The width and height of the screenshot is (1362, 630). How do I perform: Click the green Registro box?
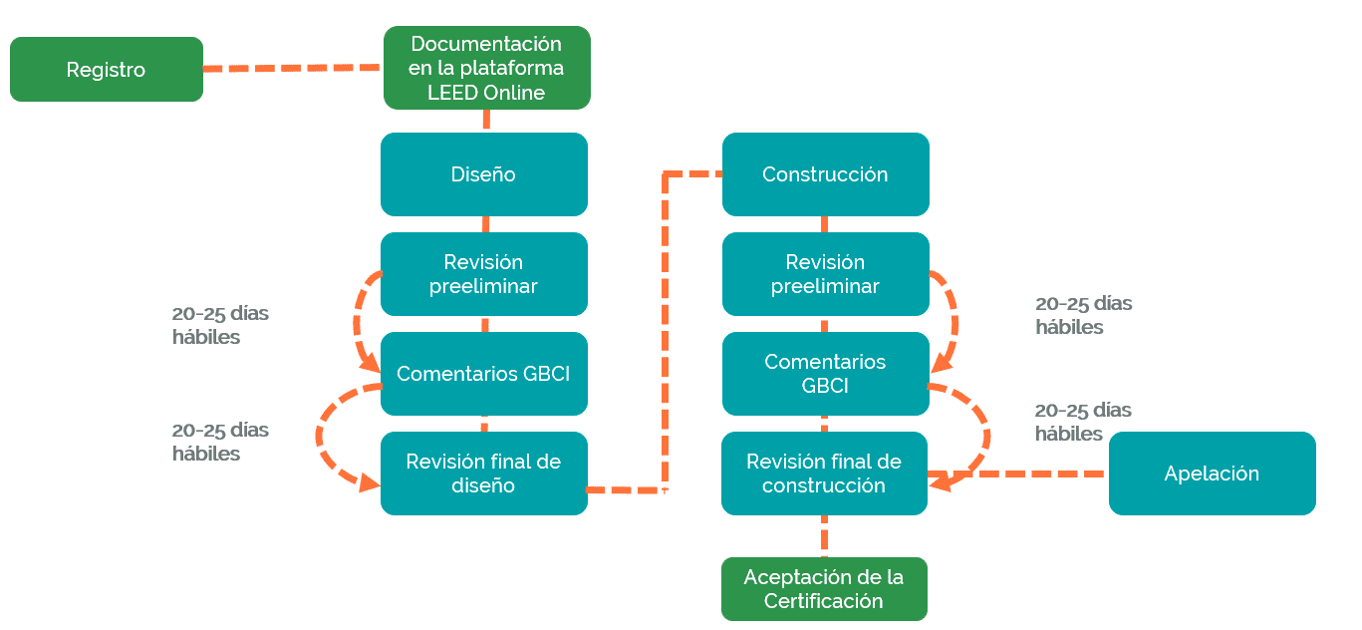pyautogui.click(x=106, y=70)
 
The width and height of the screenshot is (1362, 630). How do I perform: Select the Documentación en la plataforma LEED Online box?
pyautogui.click(x=486, y=68)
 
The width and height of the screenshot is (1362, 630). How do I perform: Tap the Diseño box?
pyautogui.click(x=483, y=174)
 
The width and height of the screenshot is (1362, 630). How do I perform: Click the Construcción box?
pyautogui.click(x=825, y=174)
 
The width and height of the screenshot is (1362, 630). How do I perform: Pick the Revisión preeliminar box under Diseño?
pyautogui.click(x=483, y=274)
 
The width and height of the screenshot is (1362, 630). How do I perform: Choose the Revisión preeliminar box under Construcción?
pyautogui.click(x=825, y=274)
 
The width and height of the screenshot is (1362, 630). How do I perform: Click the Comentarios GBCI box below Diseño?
pyautogui.click(x=483, y=374)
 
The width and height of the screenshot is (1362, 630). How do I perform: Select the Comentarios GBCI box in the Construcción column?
pyautogui.click(x=825, y=374)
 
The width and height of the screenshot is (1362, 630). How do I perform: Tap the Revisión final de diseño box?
pyautogui.click(x=483, y=473)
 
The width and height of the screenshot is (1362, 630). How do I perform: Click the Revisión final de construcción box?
pyautogui.click(x=824, y=473)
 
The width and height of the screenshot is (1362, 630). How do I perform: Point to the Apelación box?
pyautogui.click(x=1212, y=473)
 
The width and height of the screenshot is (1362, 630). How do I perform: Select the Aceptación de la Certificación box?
pyautogui.click(x=824, y=589)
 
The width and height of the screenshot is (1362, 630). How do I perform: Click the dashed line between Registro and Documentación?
pyautogui.click(x=293, y=69)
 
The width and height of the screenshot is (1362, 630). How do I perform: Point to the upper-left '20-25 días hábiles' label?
pyautogui.click(x=220, y=325)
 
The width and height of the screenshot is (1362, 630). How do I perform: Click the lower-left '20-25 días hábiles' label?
pyautogui.click(x=220, y=442)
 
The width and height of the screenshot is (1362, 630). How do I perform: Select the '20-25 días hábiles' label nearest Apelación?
pyautogui.click(x=1083, y=422)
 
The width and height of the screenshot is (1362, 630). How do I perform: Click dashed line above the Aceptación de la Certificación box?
pyautogui.click(x=825, y=536)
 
